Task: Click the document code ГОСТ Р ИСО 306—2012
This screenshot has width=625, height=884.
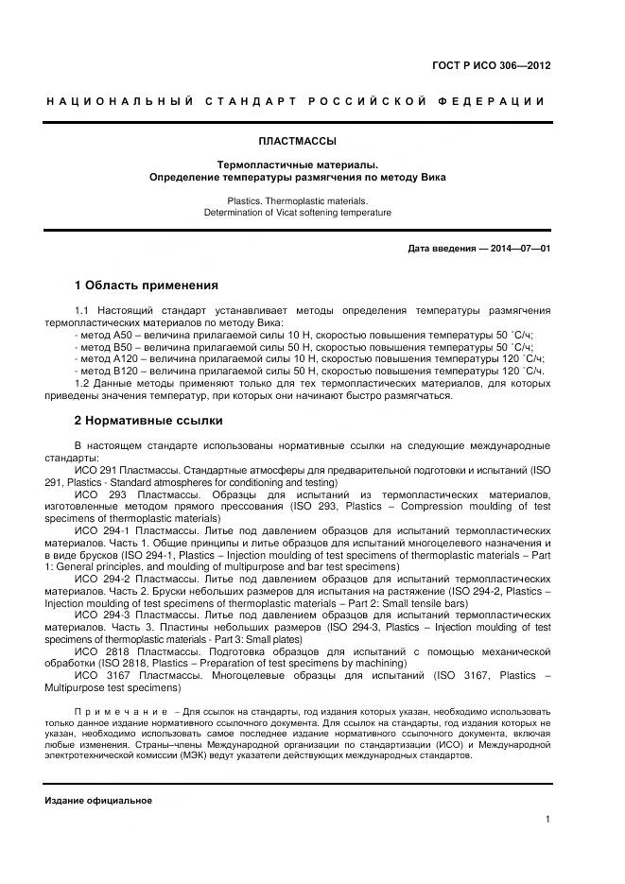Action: pos(491,66)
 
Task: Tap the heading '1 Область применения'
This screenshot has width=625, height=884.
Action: pos(146,285)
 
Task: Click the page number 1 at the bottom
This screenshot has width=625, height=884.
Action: pos(547,820)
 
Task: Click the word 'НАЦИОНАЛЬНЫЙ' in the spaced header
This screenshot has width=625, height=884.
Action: pos(118,101)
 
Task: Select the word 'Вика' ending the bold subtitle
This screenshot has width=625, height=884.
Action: pos(433,177)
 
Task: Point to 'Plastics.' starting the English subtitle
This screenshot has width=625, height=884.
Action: pos(247,200)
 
